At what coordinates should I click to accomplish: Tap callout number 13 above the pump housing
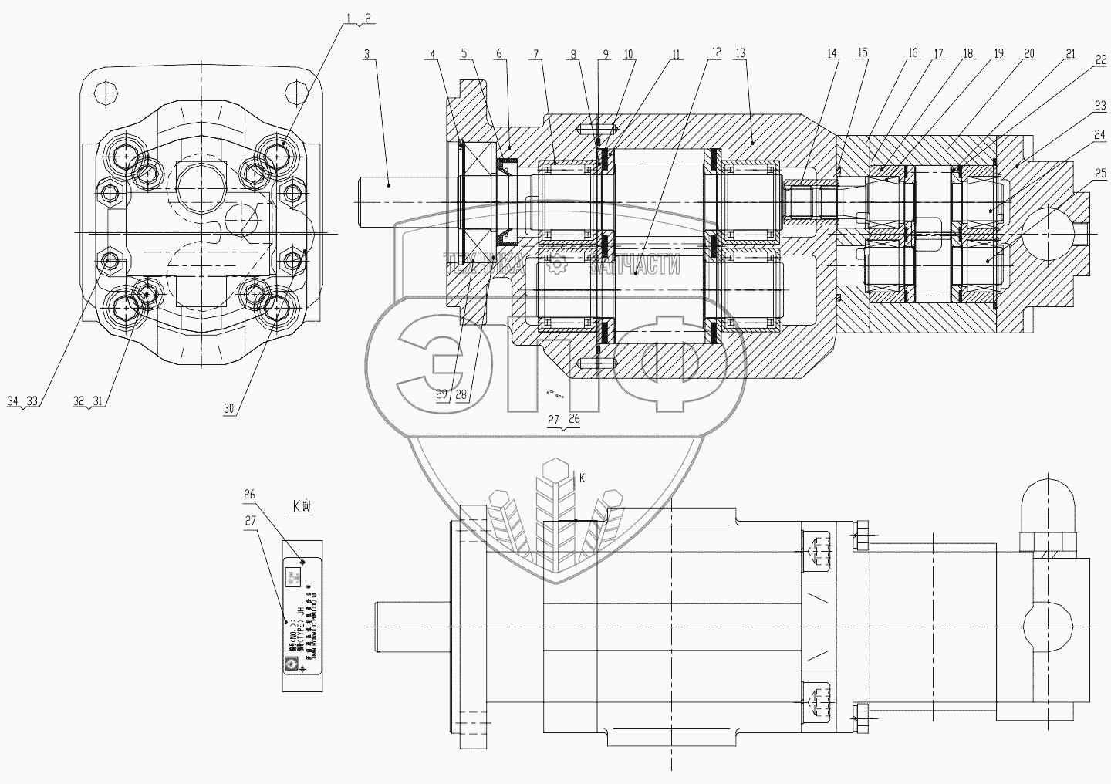pyautogui.click(x=741, y=53)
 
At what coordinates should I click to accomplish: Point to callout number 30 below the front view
pyautogui.click(x=229, y=409)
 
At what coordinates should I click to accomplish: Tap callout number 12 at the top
pyautogui.click(x=716, y=53)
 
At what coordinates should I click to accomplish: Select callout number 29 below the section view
pyautogui.click(x=441, y=394)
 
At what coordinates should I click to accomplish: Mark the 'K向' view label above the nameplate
pyautogui.click(x=300, y=507)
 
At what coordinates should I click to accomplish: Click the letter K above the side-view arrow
pyautogui.click(x=582, y=478)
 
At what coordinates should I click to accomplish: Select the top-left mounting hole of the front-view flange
pyautogui.click(x=103, y=93)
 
